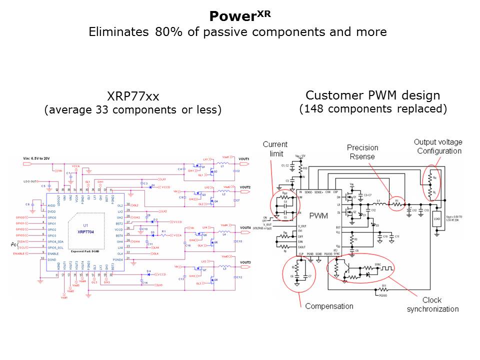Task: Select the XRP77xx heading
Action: point(133,96)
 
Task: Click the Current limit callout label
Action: point(275,149)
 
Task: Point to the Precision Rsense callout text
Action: point(363,152)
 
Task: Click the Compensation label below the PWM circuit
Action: point(329,306)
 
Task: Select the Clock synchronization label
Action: point(432,304)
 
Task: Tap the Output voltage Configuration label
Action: point(437,146)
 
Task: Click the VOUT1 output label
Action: point(245,159)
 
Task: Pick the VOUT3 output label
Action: point(245,263)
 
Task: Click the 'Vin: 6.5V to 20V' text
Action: point(37,159)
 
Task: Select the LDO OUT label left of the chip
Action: point(30,181)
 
